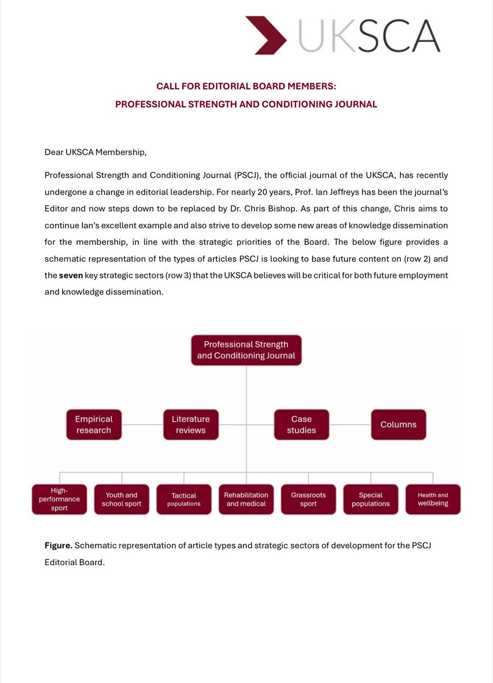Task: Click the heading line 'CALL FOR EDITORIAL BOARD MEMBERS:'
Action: [246, 86]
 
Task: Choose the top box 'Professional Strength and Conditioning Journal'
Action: [246, 350]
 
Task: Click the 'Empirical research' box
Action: [94, 425]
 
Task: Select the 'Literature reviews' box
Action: [191, 425]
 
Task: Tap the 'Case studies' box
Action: [301, 425]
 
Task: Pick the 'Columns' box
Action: [398, 425]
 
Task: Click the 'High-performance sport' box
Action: [60, 499]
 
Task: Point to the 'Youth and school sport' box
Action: [122, 499]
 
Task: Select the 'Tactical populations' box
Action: [184, 499]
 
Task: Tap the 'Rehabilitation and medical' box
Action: [246, 499]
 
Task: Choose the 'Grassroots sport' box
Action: [308, 499]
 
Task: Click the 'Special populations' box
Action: [371, 499]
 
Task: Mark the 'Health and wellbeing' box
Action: [433, 499]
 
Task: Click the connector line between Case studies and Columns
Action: [350, 425]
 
